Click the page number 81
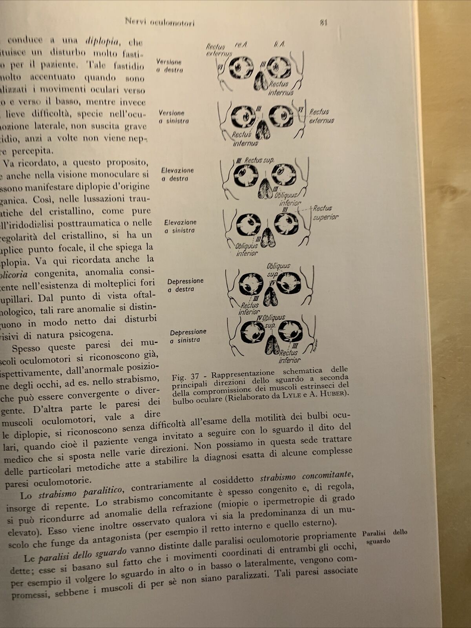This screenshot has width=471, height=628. (x=323, y=23)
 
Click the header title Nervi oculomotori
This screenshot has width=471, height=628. (x=159, y=22)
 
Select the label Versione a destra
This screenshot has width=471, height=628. (x=169, y=66)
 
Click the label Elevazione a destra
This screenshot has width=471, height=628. (x=177, y=174)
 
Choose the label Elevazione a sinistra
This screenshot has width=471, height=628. (x=180, y=226)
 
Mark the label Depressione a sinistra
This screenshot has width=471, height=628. (x=188, y=336)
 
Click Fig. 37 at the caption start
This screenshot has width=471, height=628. (x=185, y=377)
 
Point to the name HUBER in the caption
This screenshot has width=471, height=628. (x=338, y=393)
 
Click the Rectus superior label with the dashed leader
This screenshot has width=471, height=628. (x=324, y=213)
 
